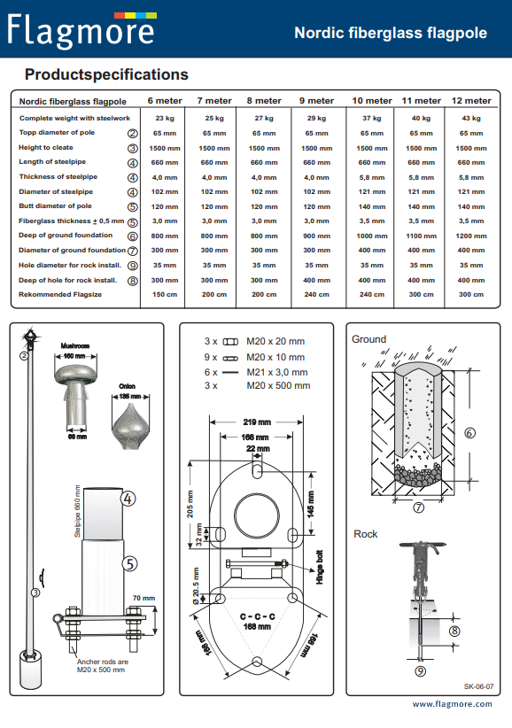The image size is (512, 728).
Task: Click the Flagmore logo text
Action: [x=81, y=31]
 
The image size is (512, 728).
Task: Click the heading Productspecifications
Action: [x=106, y=74]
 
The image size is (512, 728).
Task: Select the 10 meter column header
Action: [x=372, y=101]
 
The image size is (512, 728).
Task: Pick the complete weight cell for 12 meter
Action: [x=470, y=119]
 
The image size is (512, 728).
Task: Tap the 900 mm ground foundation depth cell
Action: [x=316, y=236]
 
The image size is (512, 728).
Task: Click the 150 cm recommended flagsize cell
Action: [x=165, y=294]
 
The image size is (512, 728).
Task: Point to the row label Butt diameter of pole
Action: [x=55, y=206]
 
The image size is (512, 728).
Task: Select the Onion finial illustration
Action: [x=130, y=426]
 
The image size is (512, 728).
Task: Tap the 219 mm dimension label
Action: [x=257, y=422]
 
